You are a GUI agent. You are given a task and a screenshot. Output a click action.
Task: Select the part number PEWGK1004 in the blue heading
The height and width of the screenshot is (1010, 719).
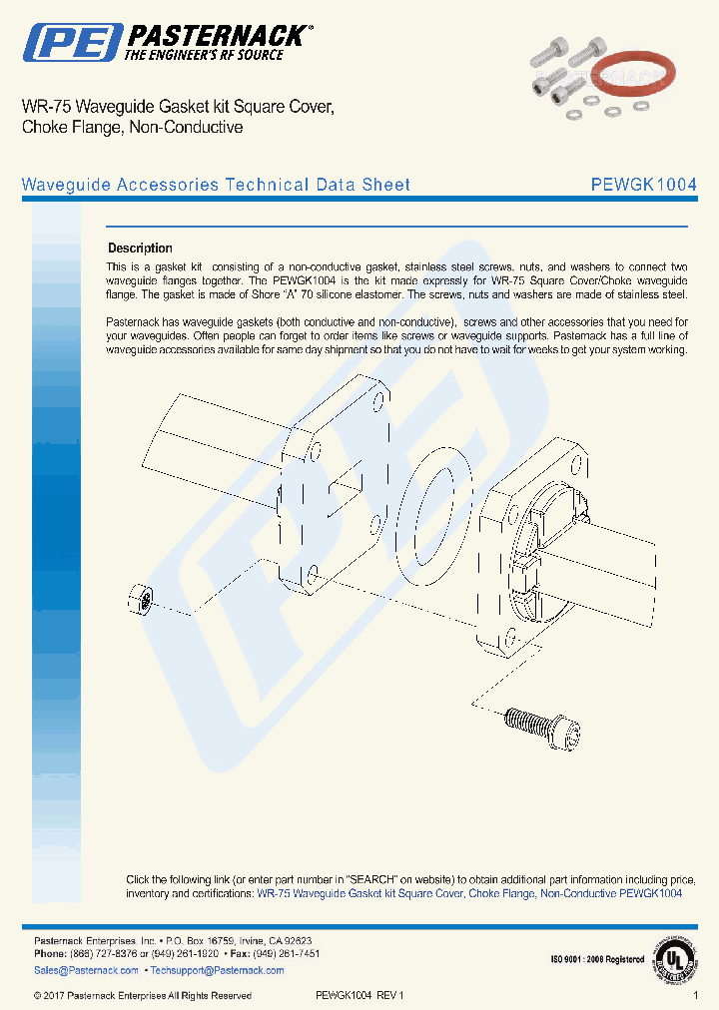(x=643, y=185)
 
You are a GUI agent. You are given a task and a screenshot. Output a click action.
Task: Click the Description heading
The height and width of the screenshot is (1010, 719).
(x=140, y=249)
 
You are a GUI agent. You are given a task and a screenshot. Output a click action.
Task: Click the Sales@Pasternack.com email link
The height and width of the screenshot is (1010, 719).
(x=86, y=970)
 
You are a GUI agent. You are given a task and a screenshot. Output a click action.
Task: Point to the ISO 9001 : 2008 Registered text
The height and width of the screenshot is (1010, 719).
(x=597, y=960)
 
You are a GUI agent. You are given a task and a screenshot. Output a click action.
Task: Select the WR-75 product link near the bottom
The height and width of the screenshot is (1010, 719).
(x=469, y=894)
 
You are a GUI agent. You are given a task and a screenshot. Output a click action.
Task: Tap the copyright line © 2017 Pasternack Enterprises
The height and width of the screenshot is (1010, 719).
(x=142, y=996)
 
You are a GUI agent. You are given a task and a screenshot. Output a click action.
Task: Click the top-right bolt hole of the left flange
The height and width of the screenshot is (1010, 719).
(x=377, y=403)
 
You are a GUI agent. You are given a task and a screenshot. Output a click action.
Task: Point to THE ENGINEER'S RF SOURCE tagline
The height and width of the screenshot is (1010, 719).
(x=203, y=55)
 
